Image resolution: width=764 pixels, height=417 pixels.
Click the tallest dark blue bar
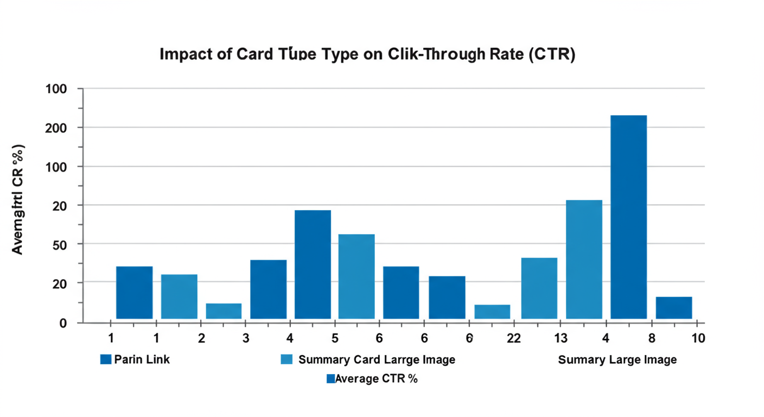coord(628,217)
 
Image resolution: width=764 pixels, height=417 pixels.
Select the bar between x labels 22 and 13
coord(539,288)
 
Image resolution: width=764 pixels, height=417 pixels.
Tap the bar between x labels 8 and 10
coord(673,307)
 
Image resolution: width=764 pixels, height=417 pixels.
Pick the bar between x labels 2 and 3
coord(224,311)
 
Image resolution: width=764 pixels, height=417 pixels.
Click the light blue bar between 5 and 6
coord(356,276)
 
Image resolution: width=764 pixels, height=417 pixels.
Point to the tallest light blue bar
coord(584,259)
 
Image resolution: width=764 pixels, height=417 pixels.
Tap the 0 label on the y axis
coord(63,324)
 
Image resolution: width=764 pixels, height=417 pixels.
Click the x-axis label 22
coord(513,338)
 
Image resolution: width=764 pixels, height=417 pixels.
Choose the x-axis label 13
coord(561,338)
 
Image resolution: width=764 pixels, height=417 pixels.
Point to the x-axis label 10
coord(698,338)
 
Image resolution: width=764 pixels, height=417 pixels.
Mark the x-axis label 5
coord(335,338)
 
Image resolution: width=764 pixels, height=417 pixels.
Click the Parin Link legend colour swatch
coord(106,359)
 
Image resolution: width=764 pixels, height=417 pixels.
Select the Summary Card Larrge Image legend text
coord(377,359)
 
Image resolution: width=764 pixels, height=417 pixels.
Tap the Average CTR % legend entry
coord(372,379)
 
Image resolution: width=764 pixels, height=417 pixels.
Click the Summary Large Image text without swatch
coord(617,359)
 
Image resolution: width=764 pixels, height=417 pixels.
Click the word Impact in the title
coord(186,55)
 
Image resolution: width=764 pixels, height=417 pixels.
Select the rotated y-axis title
coord(18,199)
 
